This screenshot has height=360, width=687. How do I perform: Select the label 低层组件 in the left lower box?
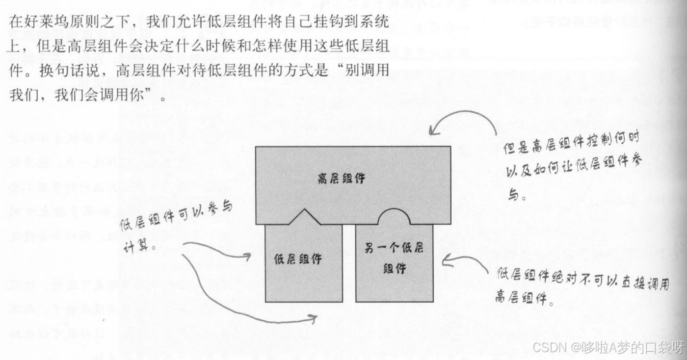click(x=298, y=258)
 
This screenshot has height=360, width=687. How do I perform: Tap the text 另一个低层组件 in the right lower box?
click(x=394, y=258)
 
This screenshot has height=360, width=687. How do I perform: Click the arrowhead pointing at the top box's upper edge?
click(x=432, y=129)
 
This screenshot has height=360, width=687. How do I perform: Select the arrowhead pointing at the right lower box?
click(x=445, y=259)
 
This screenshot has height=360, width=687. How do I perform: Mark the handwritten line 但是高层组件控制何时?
click(x=572, y=143)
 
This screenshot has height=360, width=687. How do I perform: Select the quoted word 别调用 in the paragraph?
click(x=366, y=70)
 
